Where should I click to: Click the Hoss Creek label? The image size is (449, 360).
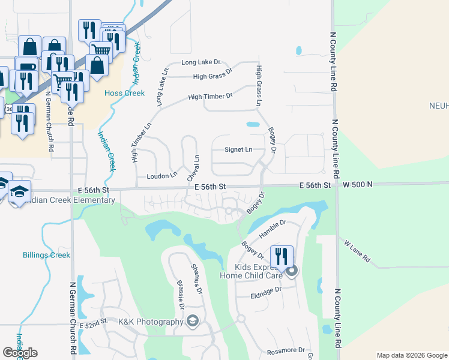pyautogui.click(x=124, y=93)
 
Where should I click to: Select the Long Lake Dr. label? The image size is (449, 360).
pyautogui.click(x=202, y=62)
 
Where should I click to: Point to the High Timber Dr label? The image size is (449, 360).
pyautogui.click(x=210, y=96)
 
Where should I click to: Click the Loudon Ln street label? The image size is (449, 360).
pyautogui.click(x=162, y=176)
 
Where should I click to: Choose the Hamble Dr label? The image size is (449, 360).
pyautogui.click(x=273, y=229)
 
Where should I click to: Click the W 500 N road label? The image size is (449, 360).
pyautogui.click(x=358, y=186)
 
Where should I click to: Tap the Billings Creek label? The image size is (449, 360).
pyautogui.click(x=46, y=255)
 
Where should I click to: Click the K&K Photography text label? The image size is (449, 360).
pyautogui.click(x=150, y=322)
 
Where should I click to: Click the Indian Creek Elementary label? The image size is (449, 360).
pyautogui.click(x=63, y=200)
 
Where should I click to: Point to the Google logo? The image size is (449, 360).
pyautogui.click(x=20, y=353)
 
